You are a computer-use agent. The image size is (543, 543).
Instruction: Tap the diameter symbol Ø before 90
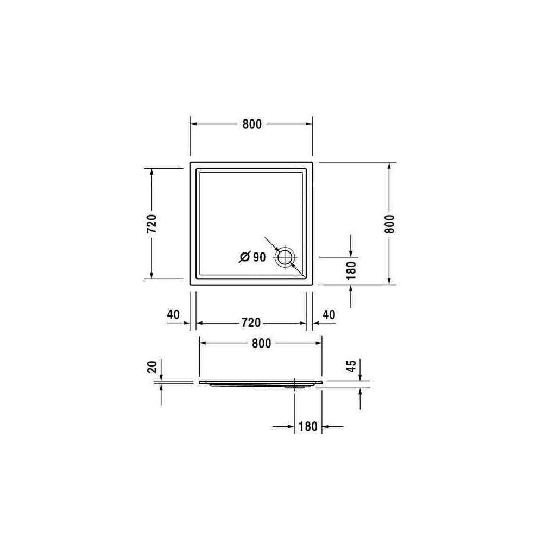click(x=244, y=257)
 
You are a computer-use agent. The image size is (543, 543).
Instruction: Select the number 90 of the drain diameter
click(x=259, y=257)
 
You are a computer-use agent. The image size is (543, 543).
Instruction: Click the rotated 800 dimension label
click(x=389, y=224)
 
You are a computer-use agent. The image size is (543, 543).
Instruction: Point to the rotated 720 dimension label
click(x=151, y=224)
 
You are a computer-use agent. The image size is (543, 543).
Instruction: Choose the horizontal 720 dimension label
click(x=251, y=323)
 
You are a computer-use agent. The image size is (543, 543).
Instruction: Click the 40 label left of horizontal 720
click(x=173, y=314)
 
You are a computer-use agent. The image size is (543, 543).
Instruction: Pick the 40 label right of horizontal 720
click(x=329, y=314)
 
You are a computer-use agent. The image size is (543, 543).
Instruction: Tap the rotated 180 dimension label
click(x=351, y=270)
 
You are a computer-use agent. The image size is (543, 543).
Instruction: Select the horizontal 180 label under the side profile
click(x=308, y=426)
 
